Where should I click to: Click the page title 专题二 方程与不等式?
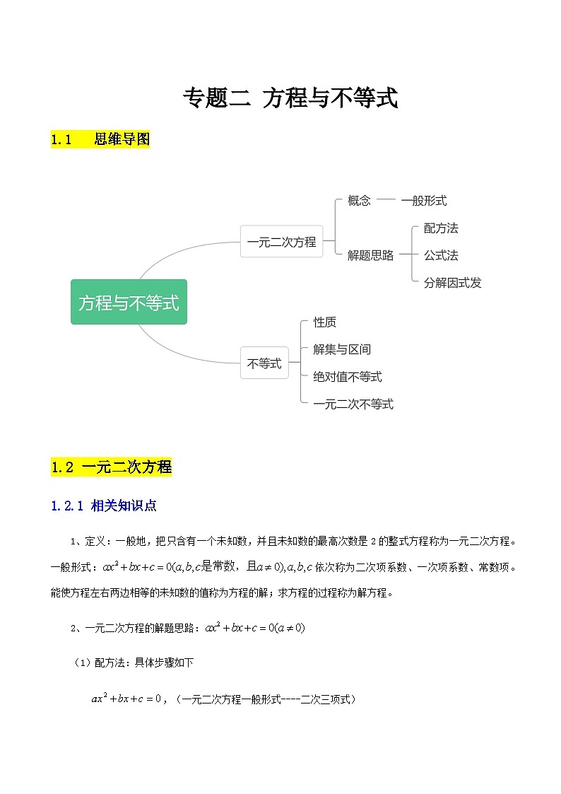290,98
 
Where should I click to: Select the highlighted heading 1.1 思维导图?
100,139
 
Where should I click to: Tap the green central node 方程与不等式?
129,303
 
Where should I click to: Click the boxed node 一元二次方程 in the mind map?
281,242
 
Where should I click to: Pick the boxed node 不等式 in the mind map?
264,364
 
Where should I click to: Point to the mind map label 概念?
359,201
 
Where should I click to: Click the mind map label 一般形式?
424,201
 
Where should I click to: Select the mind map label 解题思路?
370,255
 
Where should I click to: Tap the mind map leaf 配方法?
441,228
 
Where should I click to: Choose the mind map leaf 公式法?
441,255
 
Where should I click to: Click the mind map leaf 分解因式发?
452,283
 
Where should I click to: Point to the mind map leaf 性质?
325,322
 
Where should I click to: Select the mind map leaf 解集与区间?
342,349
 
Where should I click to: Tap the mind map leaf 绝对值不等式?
348,377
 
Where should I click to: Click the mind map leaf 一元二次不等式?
353,404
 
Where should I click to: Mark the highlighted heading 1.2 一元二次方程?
111,467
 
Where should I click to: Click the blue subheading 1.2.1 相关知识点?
104,506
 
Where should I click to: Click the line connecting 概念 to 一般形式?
386,200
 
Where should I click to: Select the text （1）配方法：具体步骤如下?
134,662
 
